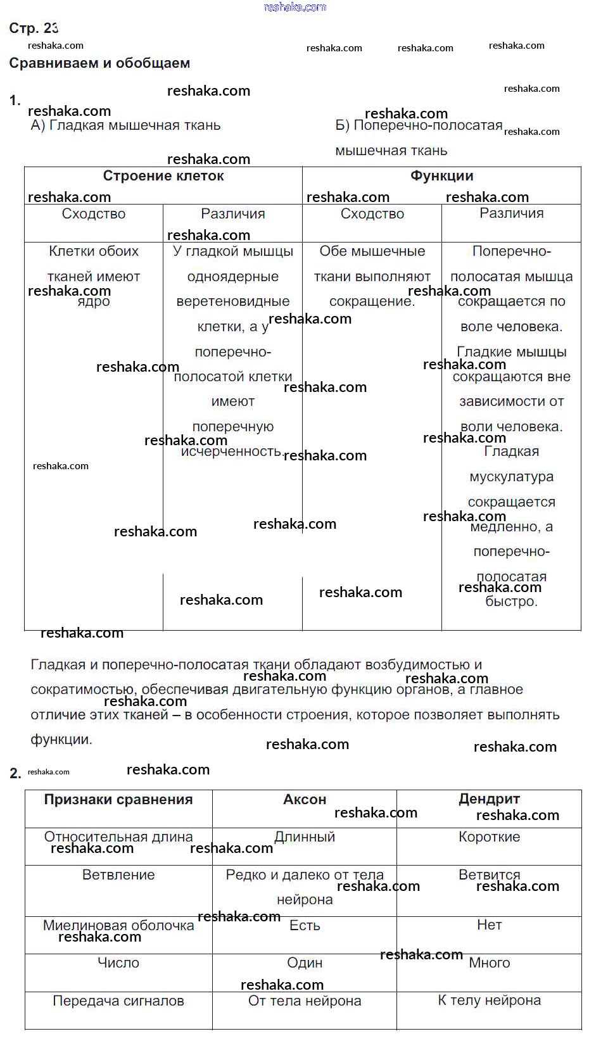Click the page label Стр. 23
[34, 28]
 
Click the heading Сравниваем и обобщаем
[99, 63]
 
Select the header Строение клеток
[163, 176]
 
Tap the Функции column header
[441, 176]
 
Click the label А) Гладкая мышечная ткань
[125, 125]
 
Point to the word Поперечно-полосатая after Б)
[427, 125]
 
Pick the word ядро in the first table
[94, 302]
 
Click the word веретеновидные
[233, 301]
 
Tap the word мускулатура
[511, 477]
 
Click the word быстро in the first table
[511, 602]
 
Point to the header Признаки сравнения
[118, 800]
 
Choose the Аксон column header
[305, 800]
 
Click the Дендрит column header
[489, 800]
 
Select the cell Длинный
[305, 837]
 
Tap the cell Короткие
[489, 837]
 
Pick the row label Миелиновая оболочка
[118, 926]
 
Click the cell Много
[489, 963]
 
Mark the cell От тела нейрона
[305, 1001]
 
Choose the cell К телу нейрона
[489, 1000]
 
